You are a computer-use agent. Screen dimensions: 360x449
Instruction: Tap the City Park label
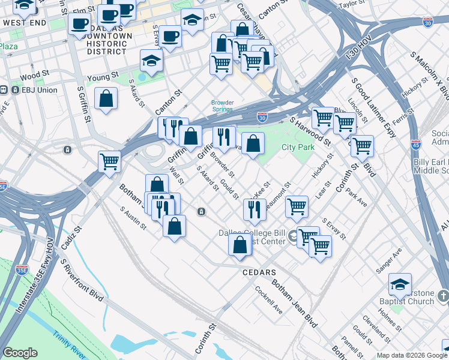tap(298, 147)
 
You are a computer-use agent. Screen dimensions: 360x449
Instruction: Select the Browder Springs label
tap(222, 106)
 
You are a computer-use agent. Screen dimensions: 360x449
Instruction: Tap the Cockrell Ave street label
tap(268, 304)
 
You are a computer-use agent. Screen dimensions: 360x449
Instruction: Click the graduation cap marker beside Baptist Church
tap(400, 284)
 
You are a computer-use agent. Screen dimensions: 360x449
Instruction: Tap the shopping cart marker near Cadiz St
tap(110, 161)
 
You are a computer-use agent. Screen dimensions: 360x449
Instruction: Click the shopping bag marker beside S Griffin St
tap(106, 98)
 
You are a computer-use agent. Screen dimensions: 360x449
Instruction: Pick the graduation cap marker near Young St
tap(152, 60)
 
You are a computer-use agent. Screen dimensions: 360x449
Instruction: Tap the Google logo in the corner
tap(20, 353)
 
